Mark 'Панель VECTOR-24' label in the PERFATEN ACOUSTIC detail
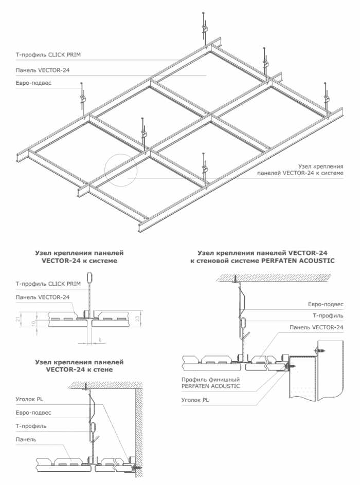point(316,327)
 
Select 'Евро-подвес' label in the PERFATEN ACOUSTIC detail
point(328,304)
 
